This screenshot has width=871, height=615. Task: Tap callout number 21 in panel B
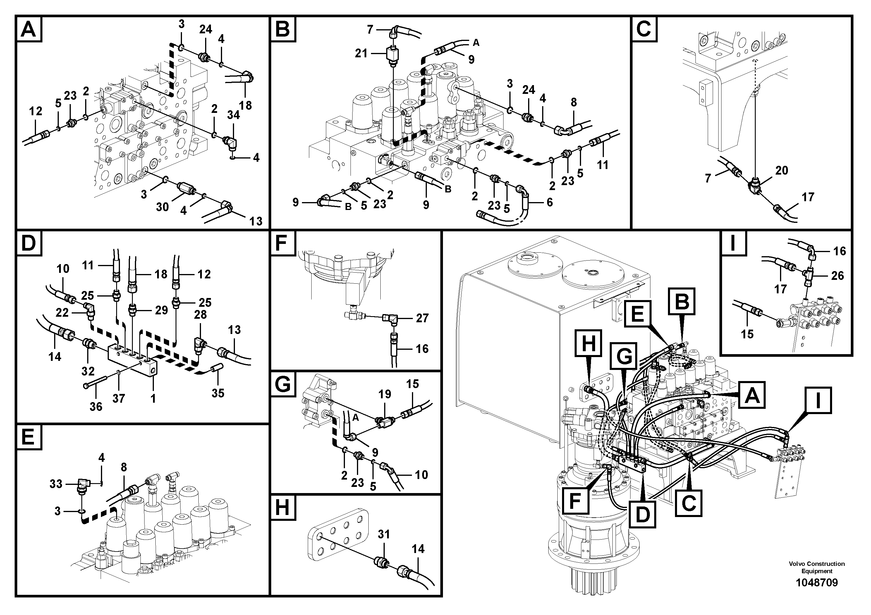[x=361, y=54]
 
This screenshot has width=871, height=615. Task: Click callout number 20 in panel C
[x=781, y=170]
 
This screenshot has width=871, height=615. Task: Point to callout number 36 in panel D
[x=96, y=407]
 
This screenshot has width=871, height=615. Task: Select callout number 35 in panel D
[x=218, y=393]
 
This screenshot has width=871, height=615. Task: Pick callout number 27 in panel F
[x=422, y=318]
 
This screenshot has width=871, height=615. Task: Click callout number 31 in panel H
[x=384, y=534]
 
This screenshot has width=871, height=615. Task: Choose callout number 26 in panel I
[x=837, y=276]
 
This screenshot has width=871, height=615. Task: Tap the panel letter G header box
[x=283, y=385]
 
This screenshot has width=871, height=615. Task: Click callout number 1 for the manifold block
[x=153, y=399]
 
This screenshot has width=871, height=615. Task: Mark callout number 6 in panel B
[x=550, y=202]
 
